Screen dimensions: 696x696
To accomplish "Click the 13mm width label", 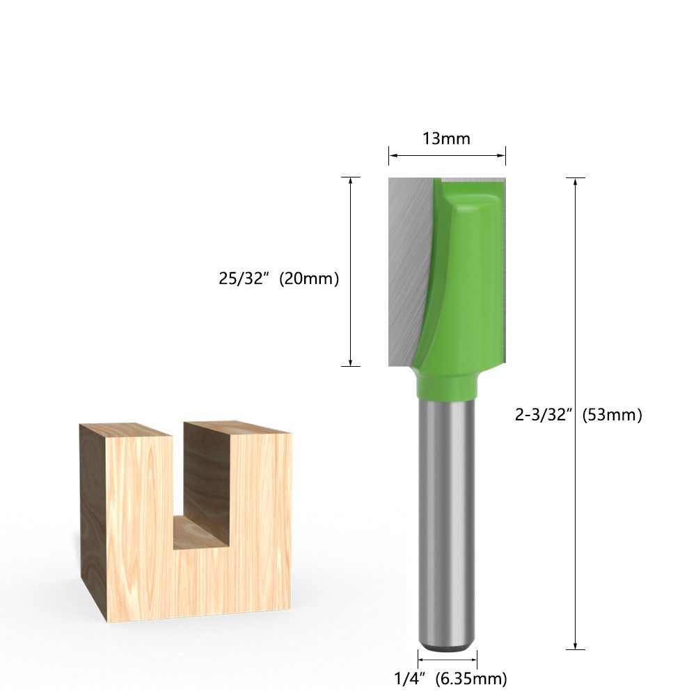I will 446,139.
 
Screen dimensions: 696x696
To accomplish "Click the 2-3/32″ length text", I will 544,415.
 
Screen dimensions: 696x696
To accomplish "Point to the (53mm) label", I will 612,415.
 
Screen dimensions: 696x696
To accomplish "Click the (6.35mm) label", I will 472,678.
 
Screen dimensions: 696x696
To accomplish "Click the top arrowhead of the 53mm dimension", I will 575,182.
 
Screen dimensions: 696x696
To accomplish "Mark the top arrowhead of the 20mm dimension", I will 350,180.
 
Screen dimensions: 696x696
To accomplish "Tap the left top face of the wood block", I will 125,429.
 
